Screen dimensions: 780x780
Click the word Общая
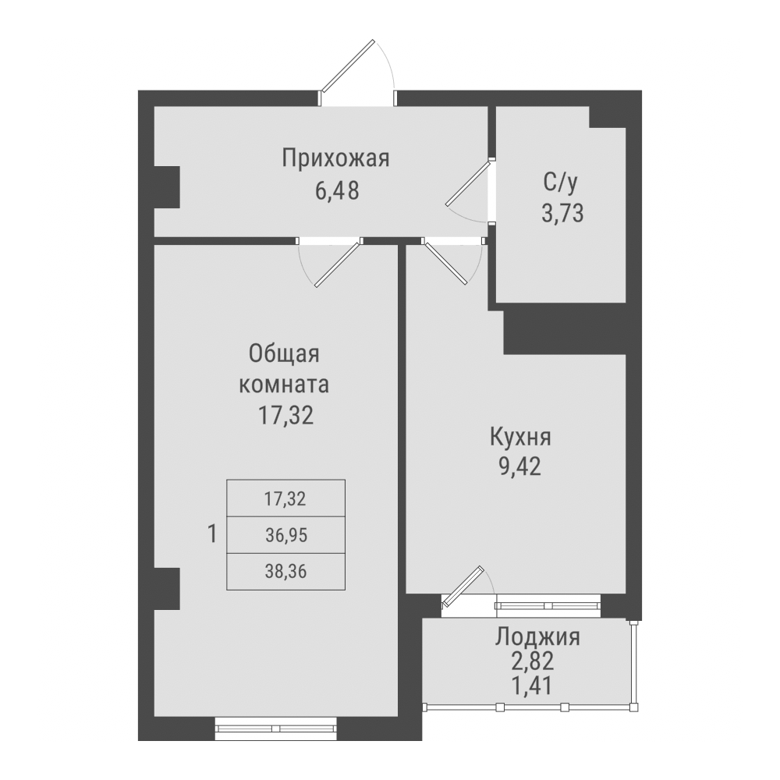pos(285,353)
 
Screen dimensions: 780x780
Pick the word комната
pos(285,385)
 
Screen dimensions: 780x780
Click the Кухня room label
pos(519,437)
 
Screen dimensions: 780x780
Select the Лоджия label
pos(537,636)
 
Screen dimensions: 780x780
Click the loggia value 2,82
pos(537,662)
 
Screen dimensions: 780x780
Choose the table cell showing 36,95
pos(285,535)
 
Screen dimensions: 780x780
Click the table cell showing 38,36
pos(285,572)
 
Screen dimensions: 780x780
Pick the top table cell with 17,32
pos(285,498)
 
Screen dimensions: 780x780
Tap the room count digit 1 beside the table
pos(212,534)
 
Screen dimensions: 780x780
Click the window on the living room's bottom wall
pos(275,729)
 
